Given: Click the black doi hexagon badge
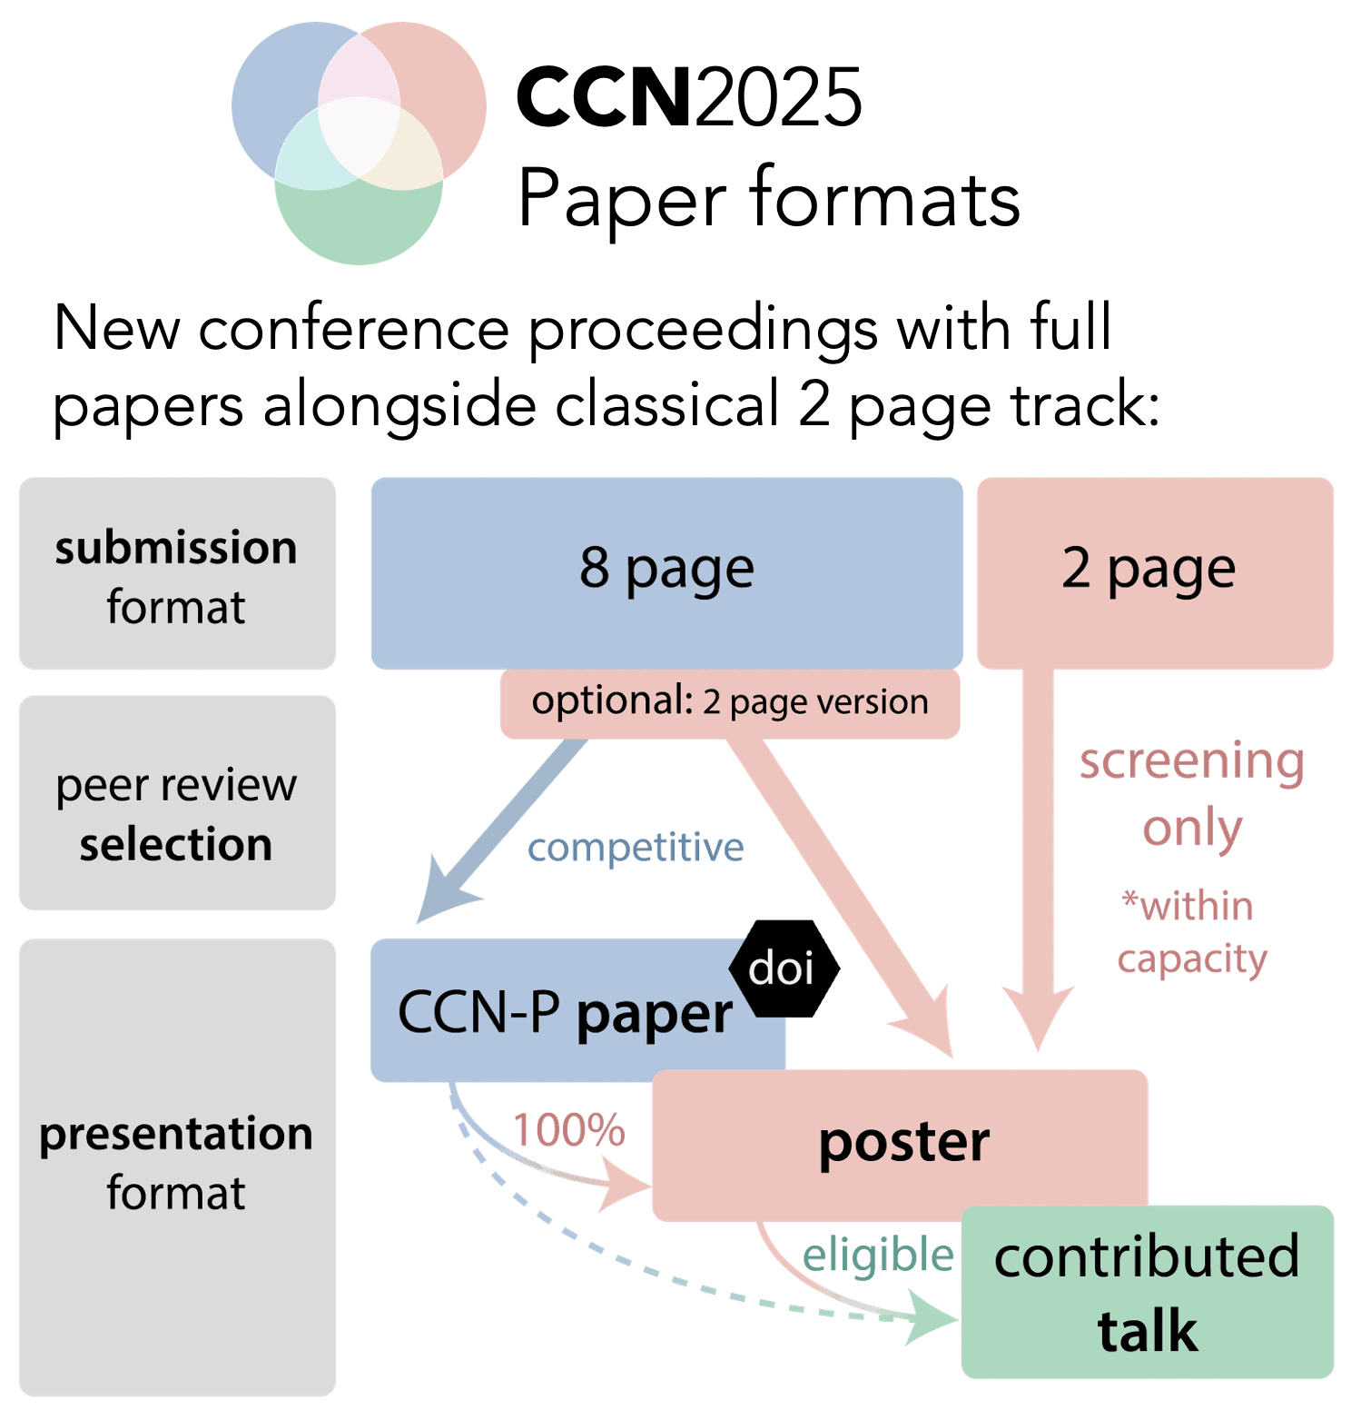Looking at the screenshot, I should tap(783, 968).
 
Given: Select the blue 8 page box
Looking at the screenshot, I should tap(666, 572).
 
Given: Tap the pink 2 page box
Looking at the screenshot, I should tap(1154, 572).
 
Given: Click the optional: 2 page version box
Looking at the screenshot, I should tap(730, 703).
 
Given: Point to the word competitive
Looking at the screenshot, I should tap(636, 848).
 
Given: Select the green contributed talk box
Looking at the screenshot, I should tap(1147, 1292).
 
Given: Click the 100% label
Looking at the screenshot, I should tap(568, 1131).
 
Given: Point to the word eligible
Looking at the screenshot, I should tap(877, 1256).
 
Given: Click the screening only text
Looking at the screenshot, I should tap(1191, 793).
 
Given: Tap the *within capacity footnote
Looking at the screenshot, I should tap(1190, 932).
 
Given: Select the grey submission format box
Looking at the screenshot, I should tap(177, 574).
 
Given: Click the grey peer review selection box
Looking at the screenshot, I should tap(177, 803).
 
